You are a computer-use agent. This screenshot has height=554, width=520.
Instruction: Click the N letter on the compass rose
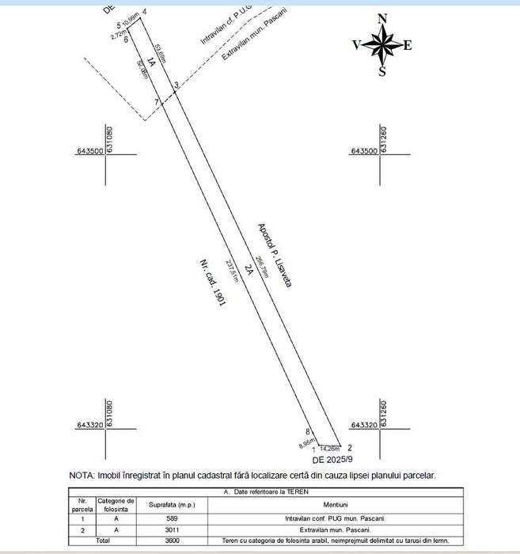pos(382,18)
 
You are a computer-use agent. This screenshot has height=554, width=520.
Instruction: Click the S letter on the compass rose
pos(382,72)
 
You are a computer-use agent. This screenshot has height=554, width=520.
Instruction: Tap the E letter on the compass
pos(408,45)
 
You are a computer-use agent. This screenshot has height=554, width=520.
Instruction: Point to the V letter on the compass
pos(357,45)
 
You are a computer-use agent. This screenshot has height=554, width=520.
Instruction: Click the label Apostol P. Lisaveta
pos(275,255)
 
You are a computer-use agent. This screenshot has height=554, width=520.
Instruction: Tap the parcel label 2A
pos(248,269)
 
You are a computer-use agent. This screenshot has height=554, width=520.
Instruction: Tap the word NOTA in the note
pos(81,476)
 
